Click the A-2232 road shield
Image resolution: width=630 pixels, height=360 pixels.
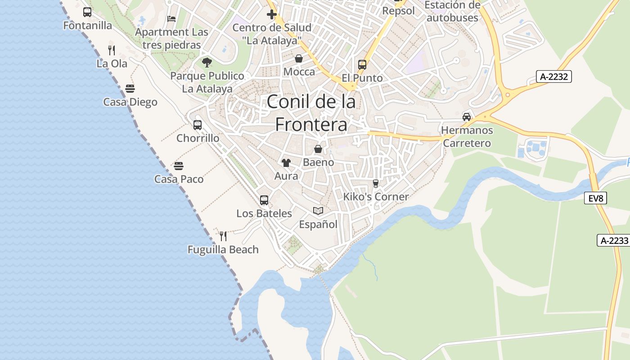point(554,76)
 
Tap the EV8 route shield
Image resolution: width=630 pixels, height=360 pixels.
point(595,198)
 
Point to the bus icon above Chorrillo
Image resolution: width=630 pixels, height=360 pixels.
point(198,125)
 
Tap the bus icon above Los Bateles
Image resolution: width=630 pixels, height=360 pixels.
point(264,200)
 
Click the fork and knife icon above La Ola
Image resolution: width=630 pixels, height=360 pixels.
point(112,50)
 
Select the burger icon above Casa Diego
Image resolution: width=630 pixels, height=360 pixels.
point(130,89)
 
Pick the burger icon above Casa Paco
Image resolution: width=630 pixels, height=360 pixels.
point(179,166)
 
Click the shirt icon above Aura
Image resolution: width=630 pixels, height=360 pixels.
point(286,162)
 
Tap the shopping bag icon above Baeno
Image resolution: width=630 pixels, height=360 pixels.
point(318,148)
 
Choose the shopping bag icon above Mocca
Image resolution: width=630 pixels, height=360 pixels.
point(299,58)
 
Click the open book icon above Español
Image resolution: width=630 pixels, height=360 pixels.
point(318,211)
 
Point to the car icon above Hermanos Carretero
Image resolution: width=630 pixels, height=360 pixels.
point(467,117)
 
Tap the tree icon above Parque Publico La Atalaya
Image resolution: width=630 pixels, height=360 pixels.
point(207,62)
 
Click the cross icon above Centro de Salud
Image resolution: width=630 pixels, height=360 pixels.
point(271,14)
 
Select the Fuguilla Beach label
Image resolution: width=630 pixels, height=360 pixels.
point(223,249)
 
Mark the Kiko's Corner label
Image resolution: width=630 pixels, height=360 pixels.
point(376,197)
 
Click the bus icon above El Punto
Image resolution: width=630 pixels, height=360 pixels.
point(362,64)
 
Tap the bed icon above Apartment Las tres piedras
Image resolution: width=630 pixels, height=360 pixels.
point(171,18)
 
